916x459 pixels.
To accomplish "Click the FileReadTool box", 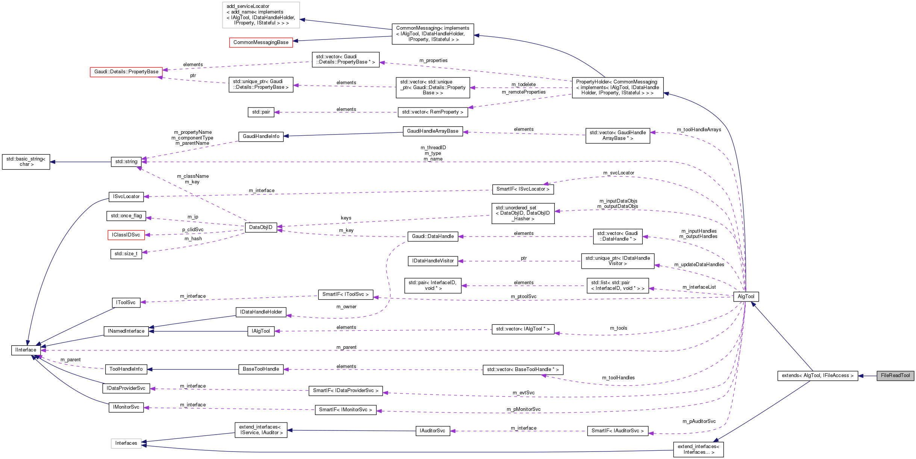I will coord(895,376).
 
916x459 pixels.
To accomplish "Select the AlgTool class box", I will coord(746,297).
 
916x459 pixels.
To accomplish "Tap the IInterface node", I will coord(26,350).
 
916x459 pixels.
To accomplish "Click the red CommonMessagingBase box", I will coord(261,42).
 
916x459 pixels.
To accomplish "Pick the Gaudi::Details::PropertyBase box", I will coord(126,72).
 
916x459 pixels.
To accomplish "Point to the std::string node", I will coord(126,162).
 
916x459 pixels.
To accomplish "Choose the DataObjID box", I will coord(260,227).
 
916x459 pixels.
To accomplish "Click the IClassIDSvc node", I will coord(126,235).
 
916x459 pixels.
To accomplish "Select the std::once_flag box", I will coord(126,216).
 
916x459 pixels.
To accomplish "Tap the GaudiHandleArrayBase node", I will coord(432,131).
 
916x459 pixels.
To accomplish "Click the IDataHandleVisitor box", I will coord(433,261).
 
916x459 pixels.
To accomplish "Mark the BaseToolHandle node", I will coord(260,369).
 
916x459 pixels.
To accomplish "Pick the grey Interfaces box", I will coord(126,443).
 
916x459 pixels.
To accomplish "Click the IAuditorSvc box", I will coord(432,431).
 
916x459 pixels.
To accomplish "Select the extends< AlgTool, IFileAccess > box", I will coord(817,376).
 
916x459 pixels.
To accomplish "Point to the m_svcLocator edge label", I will coord(618,173).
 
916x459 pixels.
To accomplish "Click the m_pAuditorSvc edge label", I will coord(699,421).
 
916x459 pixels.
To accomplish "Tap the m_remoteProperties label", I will coord(523,92).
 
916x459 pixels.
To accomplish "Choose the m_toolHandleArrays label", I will coord(699,130).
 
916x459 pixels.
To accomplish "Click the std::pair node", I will coord(261,112).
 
